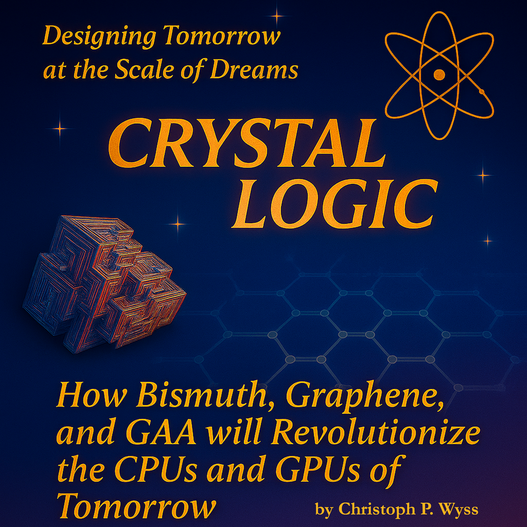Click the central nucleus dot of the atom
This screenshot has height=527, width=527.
point(439,74)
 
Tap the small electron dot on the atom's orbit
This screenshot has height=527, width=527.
point(482,92)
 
